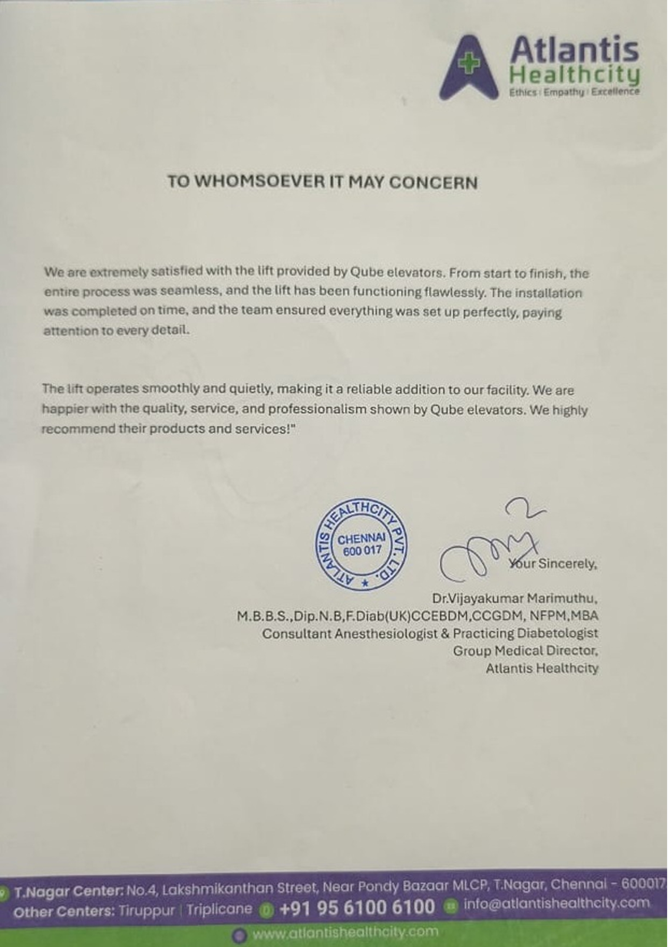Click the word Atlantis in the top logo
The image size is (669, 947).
point(574,49)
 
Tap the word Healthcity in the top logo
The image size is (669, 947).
point(574,75)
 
